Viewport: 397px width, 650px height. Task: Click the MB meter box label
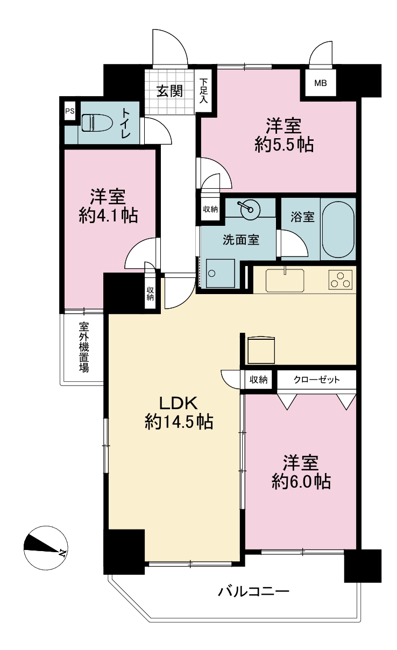click(321, 83)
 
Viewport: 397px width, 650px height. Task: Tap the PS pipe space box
click(70, 111)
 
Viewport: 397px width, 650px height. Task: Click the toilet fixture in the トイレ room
click(93, 123)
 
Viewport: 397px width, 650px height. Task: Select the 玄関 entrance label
click(170, 91)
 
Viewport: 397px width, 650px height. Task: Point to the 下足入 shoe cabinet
click(205, 90)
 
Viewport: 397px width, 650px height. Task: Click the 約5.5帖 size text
click(285, 145)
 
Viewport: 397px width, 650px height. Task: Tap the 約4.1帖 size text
click(108, 216)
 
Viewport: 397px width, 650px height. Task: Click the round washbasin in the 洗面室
click(249, 209)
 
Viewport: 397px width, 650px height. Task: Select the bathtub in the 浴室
click(338, 229)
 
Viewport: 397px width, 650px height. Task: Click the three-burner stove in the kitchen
click(341, 280)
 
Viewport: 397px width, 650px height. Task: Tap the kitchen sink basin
click(285, 280)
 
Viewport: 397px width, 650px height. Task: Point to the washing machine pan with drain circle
click(220, 273)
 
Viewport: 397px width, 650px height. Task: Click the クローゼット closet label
click(316, 379)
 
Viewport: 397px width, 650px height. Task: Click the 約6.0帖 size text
click(301, 481)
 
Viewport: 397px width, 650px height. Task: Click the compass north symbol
click(45, 547)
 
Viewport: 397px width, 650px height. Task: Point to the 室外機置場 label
click(84, 347)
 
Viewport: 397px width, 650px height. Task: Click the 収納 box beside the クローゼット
click(258, 379)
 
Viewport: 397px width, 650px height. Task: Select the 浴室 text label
click(303, 217)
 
